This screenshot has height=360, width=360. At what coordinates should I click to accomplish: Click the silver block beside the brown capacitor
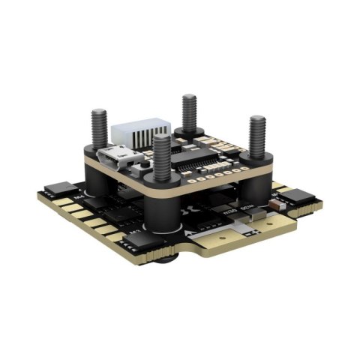tap(259, 214)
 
